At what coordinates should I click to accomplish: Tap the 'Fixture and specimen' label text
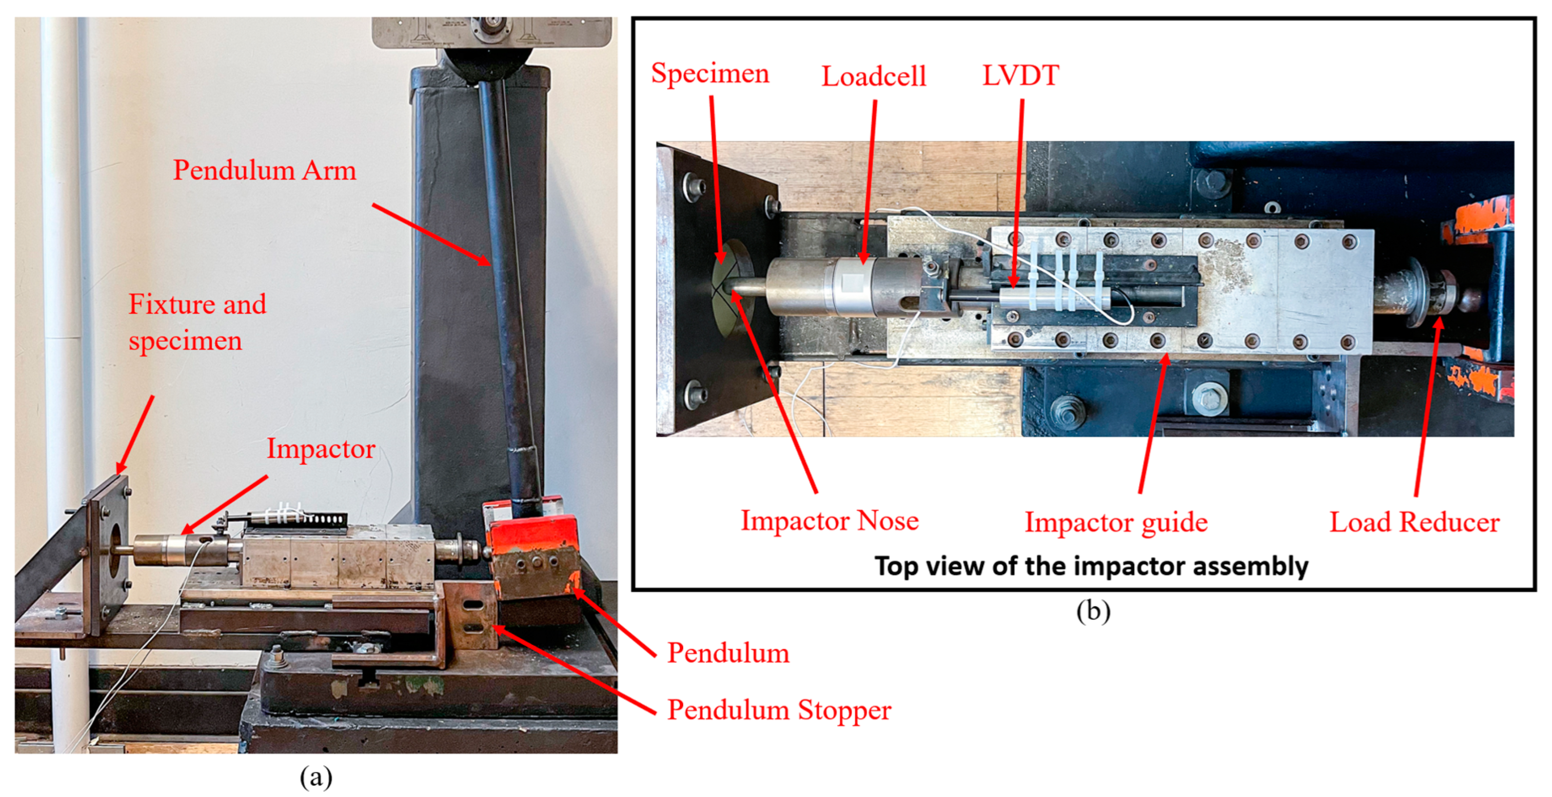pos(197,322)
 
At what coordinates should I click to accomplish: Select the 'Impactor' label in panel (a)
pos(321,449)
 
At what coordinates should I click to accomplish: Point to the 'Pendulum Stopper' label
pos(779,710)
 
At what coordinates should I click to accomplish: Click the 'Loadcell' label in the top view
pos(873,76)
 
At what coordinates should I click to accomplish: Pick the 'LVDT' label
pos(1020,76)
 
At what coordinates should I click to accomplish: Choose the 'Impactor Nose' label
pos(829,520)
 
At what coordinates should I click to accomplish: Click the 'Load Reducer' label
pos(1414,522)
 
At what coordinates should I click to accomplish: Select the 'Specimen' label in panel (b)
pos(710,73)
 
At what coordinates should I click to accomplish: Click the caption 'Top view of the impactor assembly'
pos(1091,566)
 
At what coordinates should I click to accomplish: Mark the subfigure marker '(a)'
pos(316,777)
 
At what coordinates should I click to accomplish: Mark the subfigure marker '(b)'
pos(1093,612)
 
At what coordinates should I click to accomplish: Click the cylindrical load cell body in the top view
pos(849,287)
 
